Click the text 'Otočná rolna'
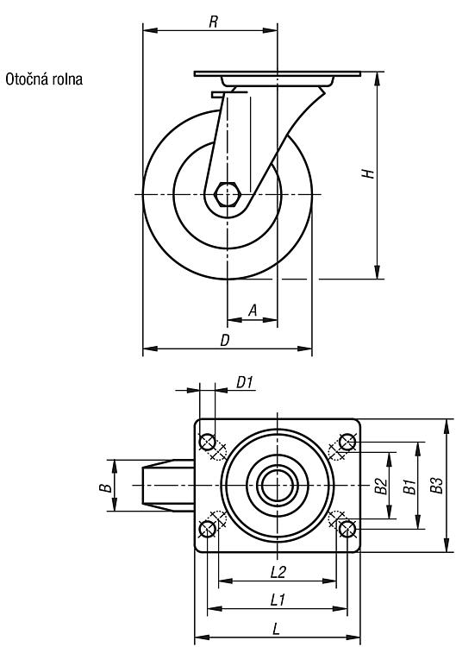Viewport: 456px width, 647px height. tap(44, 79)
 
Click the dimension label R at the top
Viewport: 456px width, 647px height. tap(213, 22)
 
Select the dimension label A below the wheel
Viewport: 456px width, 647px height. tap(253, 310)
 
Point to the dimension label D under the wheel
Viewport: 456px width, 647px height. tap(225, 340)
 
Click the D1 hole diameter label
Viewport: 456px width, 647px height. tap(244, 382)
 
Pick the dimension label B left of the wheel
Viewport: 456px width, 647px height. tap(106, 487)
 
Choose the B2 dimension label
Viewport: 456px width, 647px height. tap(381, 486)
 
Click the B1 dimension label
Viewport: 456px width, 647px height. tap(409, 487)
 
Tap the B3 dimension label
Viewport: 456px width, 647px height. tap(436, 485)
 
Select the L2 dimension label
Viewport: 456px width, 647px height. tap(278, 572)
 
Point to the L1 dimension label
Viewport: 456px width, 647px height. tap(278, 600)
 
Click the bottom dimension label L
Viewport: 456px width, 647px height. tap(277, 629)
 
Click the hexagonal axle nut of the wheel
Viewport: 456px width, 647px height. tap(227, 194)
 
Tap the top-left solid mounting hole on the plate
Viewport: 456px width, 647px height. tap(207, 442)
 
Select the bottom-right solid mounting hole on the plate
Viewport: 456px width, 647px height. tap(347, 529)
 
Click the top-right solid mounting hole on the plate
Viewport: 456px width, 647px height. tap(347, 442)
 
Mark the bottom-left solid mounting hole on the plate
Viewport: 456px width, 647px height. tap(207, 529)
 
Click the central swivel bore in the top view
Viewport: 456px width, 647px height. tap(278, 485)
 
